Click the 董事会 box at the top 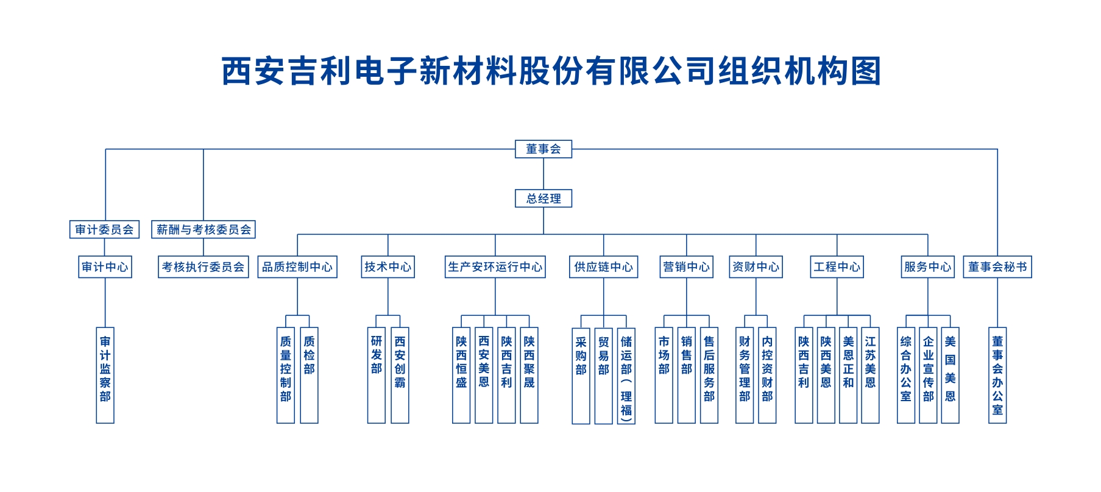pos(543,149)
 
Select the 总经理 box pos(543,198)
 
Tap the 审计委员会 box pos(104,229)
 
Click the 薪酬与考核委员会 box pos(204,229)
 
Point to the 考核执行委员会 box pos(204,266)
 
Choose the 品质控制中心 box pos(297,266)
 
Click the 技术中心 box pos(388,266)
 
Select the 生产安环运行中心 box pos(495,266)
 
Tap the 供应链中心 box pos(603,266)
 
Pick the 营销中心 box pos(686,266)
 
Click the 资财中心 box pos(756,266)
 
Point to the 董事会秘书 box pos(997,266)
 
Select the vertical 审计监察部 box pos(105,375)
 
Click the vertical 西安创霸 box pos(400,375)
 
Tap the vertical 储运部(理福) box pos(626,376)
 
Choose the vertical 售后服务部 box pos(709,375)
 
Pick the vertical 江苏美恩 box pos(871,375)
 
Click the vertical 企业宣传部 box pos(928,375)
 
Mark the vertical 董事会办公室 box pos(997,375)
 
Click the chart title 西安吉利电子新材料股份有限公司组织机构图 pos(551,71)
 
